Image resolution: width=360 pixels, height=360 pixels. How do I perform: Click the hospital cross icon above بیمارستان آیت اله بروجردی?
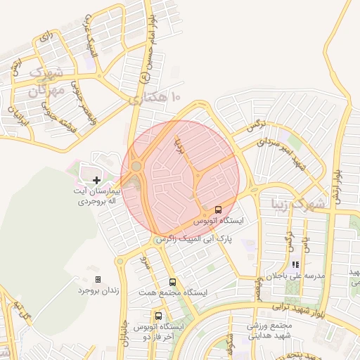coord(96,181)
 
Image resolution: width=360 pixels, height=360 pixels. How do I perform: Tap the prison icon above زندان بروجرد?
coord(98,279)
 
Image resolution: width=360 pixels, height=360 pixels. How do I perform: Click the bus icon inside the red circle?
coord(218,210)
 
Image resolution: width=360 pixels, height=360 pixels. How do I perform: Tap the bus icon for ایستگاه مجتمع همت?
coord(173,282)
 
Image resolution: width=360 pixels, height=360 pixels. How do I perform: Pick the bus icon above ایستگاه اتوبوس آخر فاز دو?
coord(158,316)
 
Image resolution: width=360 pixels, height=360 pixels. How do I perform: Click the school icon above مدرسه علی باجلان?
coord(295,265)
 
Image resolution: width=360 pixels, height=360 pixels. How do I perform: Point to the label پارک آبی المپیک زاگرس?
coord(194,239)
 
